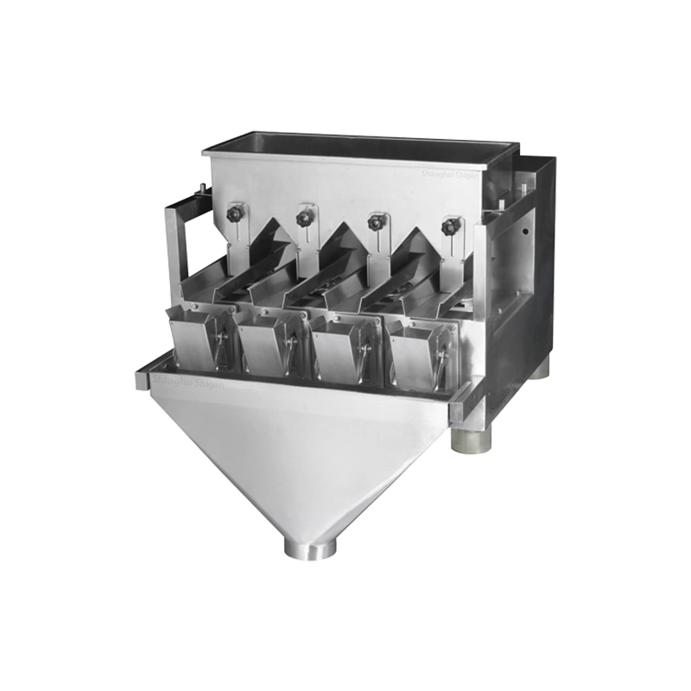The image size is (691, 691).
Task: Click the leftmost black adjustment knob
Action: coord(234,213)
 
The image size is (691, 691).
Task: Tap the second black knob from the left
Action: coord(304,218)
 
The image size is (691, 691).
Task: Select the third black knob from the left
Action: coord(376,222)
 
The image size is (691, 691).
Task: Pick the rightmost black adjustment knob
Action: coord(449,226)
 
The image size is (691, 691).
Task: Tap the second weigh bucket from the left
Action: coord(269,345)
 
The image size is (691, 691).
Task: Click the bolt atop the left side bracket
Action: coord(201,188)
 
